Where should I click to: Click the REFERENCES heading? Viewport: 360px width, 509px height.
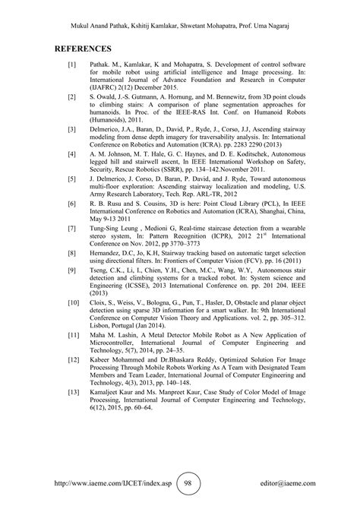click(87, 49)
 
